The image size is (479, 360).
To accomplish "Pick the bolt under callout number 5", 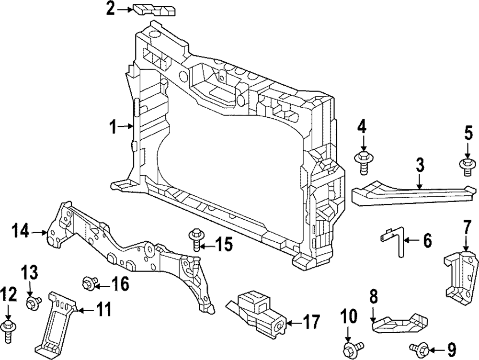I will click(468, 166).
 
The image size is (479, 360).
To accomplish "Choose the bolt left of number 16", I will click(89, 282).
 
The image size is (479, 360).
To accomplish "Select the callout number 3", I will click(420, 167).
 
